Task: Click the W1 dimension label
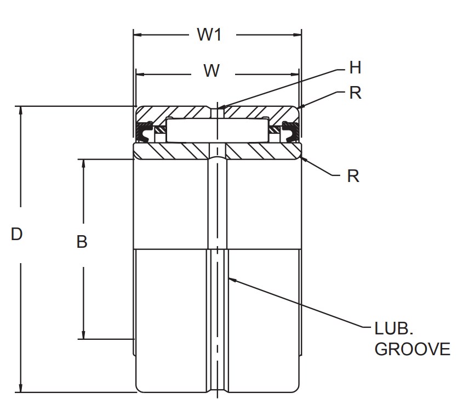(209, 35)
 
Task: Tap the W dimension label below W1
(212, 71)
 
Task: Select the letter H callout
(355, 68)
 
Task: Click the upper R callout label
(355, 93)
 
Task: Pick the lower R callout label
(353, 176)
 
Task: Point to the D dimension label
(17, 235)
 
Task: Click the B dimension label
(82, 242)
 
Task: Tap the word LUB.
(393, 329)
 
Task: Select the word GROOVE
(412, 350)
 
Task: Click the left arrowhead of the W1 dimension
(138, 35)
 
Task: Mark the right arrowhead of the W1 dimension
(298, 35)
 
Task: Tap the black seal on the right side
(289, 132)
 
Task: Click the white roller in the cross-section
(217, 130)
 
